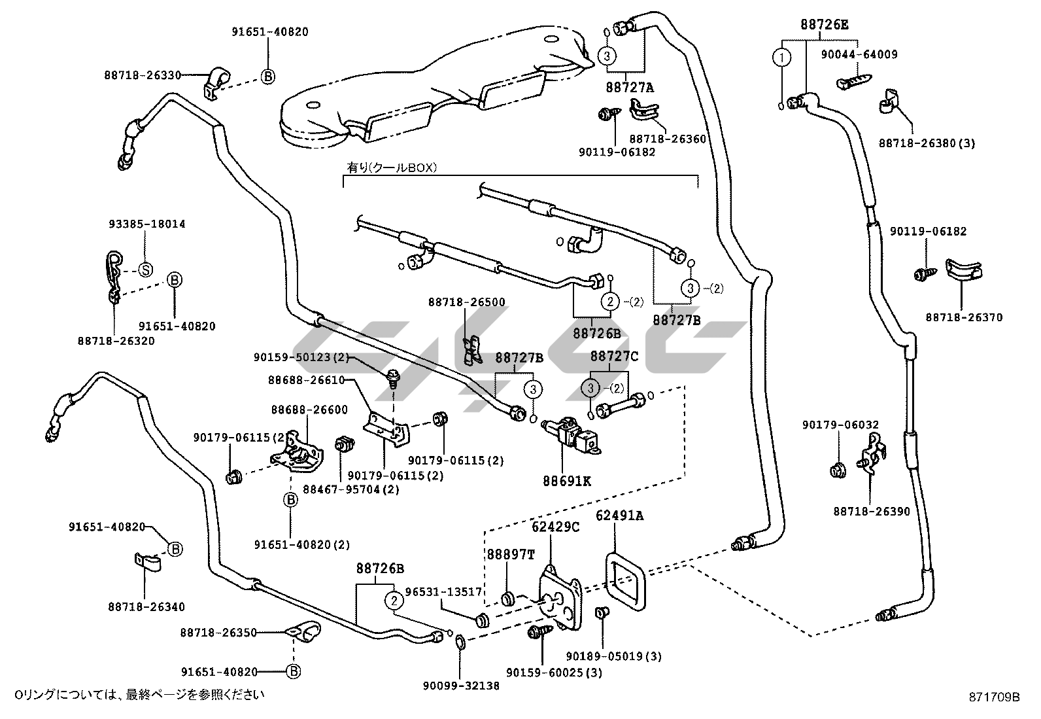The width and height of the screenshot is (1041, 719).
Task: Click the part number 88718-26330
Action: click(142, 75)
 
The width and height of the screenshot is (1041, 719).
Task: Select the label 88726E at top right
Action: click(825, 25)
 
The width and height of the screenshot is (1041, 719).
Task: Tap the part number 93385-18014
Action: click(146, 224)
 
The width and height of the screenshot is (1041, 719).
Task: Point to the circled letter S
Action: click(146, 270)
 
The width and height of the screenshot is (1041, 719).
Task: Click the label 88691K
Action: click(566, 481)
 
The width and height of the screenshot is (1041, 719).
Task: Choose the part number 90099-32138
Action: click(461, 686)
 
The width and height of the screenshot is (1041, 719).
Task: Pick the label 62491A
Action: click(619, 516)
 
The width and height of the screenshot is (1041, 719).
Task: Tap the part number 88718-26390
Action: click(872, 512)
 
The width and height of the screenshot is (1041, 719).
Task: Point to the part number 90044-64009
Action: click(859, 55)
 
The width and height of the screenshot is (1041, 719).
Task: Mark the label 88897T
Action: click(510, 554)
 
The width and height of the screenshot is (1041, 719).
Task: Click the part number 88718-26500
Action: click(467, 302)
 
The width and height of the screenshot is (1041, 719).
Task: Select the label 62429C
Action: click(555, 527)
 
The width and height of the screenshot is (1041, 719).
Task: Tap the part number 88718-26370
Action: click(963, 318)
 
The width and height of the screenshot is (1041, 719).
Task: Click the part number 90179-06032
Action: click(840, 425)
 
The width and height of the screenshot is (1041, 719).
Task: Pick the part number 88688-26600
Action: click(309, 410)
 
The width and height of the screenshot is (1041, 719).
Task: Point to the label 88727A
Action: click(629, 86)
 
